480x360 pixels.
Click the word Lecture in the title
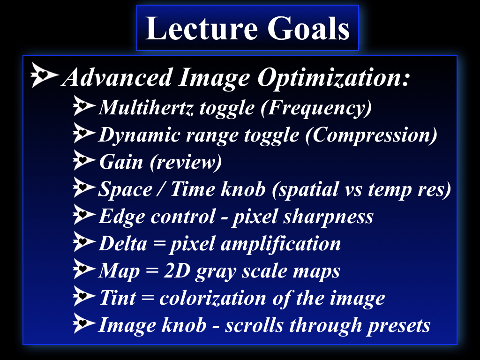coord(201,29)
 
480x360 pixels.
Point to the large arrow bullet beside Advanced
coord(45,75)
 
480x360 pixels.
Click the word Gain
coord(121,162)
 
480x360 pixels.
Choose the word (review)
coord(186,162)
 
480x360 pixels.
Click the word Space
coord(125,189)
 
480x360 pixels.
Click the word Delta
coord(123,244)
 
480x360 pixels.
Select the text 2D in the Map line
coord(177,270)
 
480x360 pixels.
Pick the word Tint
coord(118,298)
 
